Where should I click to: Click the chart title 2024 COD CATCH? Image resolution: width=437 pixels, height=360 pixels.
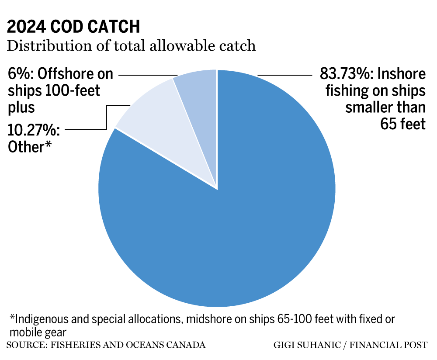[x=73, y=27]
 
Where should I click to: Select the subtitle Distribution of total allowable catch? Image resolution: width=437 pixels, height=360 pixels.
[x=131, y=45]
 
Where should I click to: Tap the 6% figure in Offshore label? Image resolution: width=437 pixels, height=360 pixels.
[x=20, y=74]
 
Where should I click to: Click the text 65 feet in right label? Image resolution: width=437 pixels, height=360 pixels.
[x=402, y=124]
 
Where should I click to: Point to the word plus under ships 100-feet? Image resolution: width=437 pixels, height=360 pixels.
[x=21, y=107]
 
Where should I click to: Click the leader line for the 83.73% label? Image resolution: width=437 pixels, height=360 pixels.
[x=284, y=75]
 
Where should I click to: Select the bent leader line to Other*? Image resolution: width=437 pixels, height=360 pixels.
[x=106, y=118]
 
